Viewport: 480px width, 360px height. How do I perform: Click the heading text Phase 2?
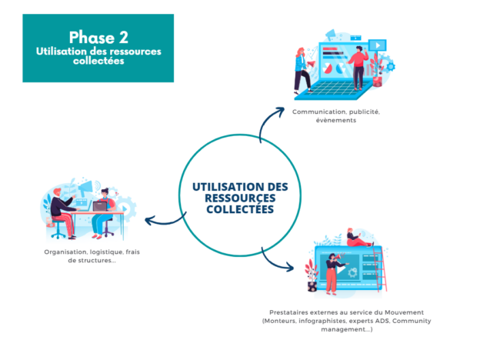98,38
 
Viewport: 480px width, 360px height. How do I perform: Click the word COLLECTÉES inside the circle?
240,208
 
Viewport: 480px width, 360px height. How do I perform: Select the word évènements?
336,120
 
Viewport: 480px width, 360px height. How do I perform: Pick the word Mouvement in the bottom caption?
404,312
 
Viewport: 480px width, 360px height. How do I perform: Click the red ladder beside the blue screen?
380,269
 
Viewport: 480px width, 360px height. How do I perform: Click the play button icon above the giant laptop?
378,45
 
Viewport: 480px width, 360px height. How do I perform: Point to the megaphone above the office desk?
85,188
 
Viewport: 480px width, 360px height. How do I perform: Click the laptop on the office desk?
100,207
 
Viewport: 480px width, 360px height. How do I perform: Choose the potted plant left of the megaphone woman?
312,276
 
